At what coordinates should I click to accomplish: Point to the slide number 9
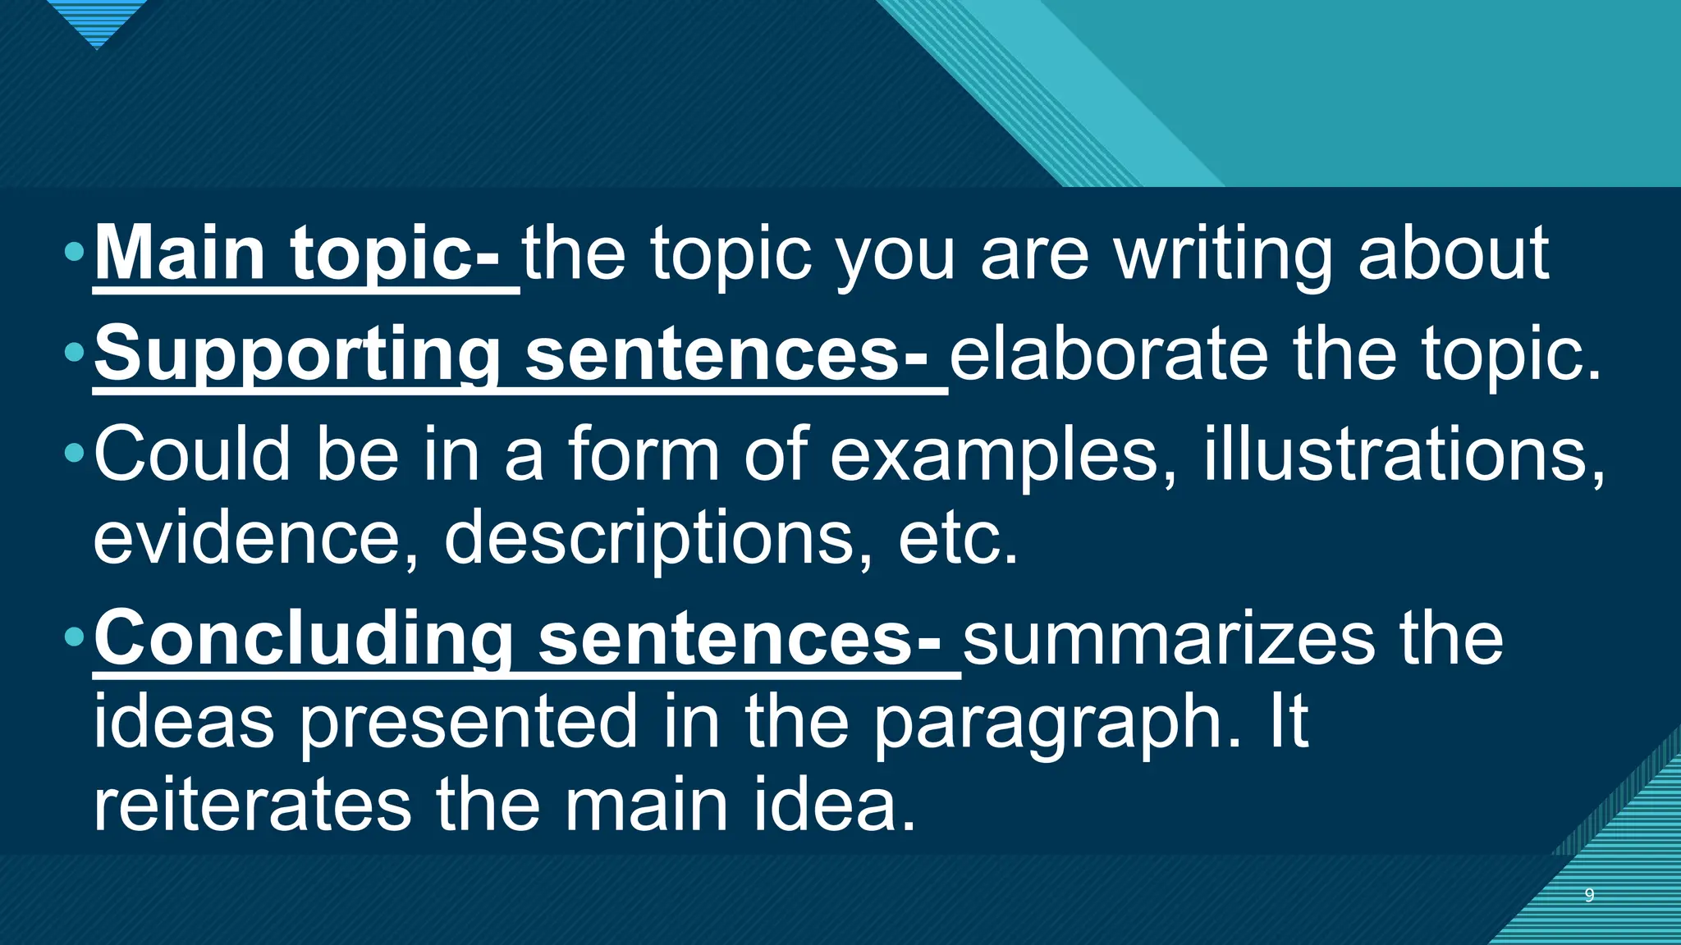coord(1589,895)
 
